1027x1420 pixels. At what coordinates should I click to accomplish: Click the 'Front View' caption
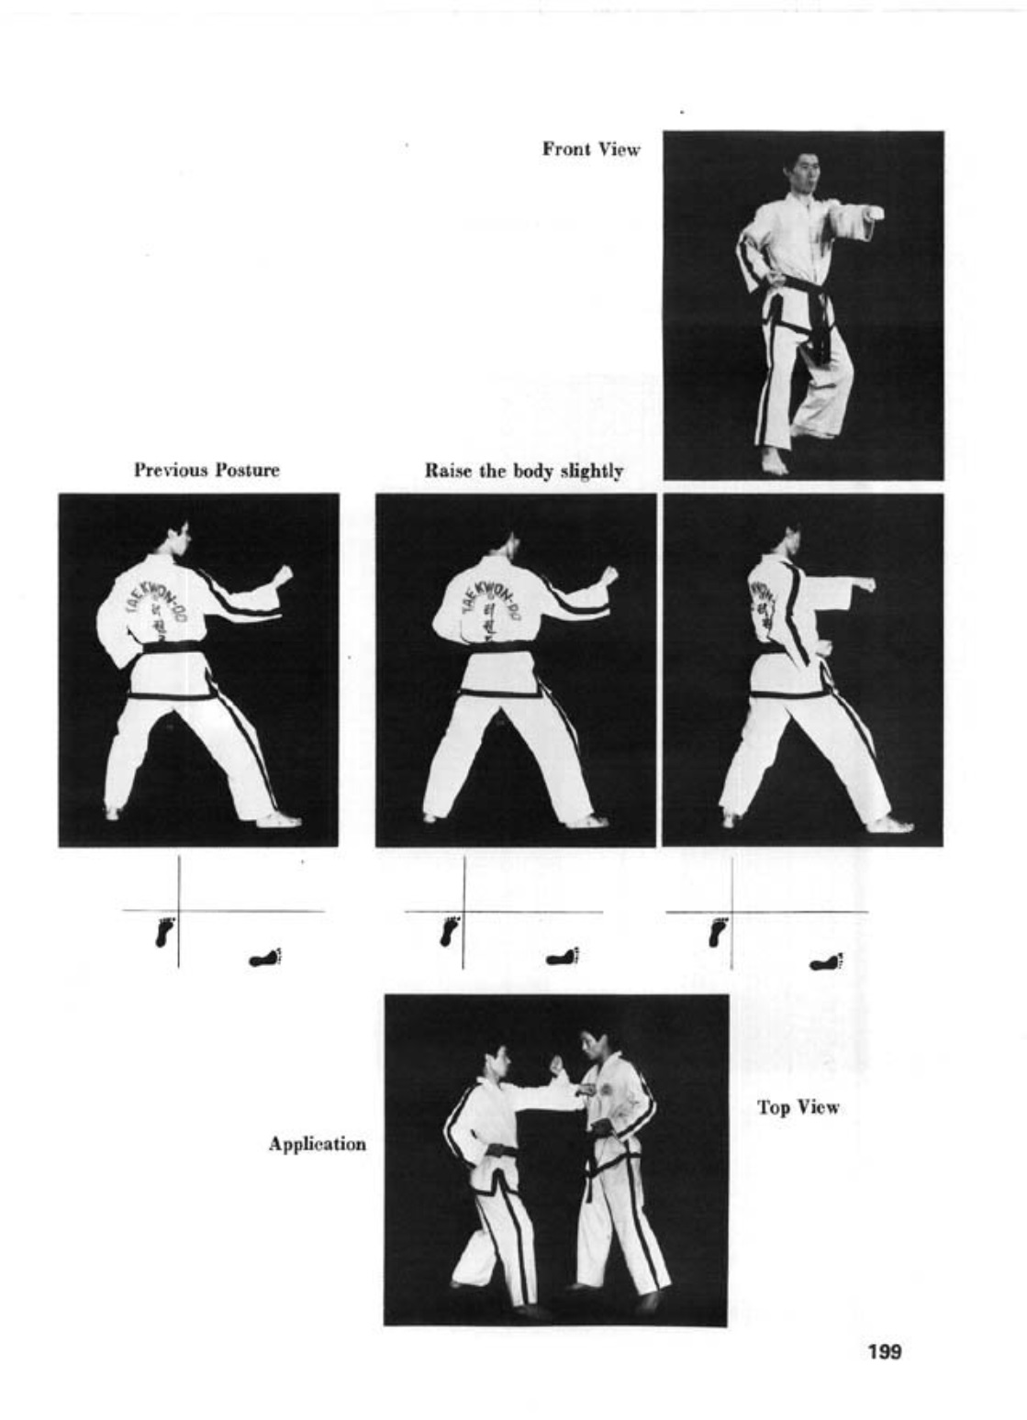click(x=590, y=150)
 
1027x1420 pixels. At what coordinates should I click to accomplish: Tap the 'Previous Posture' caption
click(x=207, y=471)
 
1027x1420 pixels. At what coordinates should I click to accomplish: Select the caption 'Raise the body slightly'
click(x=523, y=471)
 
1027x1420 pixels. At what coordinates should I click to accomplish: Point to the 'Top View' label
click(x=798, y=1107)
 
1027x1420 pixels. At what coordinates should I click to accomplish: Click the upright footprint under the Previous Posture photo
click(x=165, y=933)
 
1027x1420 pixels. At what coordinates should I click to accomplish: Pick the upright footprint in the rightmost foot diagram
click(x=719, y=933)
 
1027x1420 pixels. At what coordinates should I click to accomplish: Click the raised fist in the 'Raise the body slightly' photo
click(x=610, y=575)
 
